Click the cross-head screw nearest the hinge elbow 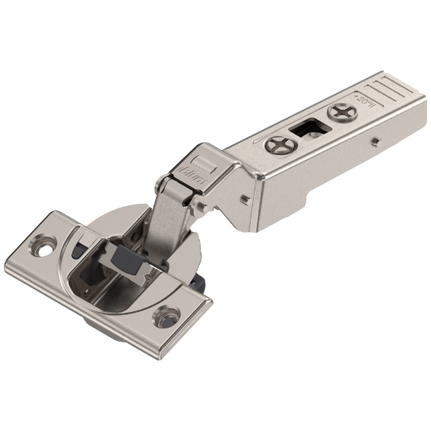coord(280,145)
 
